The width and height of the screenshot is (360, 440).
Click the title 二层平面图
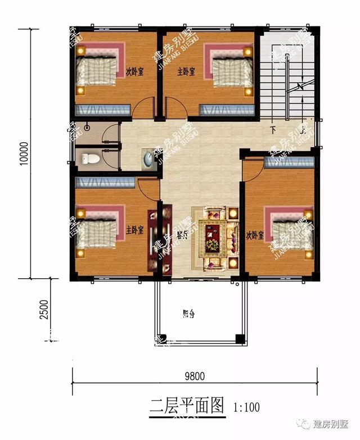point(187,405)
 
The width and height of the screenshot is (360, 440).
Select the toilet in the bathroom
point(89,159)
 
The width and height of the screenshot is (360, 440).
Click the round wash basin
point(147,158)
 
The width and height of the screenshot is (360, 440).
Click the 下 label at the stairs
point(273,130)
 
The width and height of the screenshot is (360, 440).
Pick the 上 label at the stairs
point(303,130)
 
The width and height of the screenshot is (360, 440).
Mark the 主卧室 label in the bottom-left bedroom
point(135,230)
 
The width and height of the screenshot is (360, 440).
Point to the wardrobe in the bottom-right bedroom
point(289,162)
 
